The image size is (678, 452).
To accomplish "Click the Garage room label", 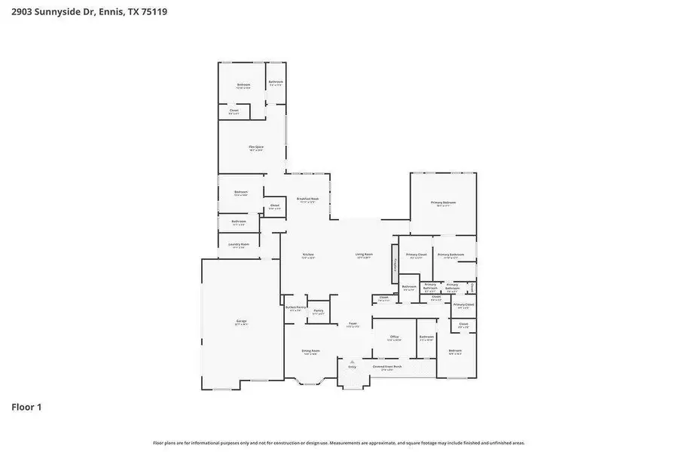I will (x=240, y=321).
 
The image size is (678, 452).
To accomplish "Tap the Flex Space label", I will (x=256, y=147).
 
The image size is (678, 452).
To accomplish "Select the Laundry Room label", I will (x=239, y=244).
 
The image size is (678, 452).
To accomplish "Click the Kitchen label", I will (x=308, y=255).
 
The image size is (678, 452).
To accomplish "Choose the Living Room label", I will (x=364, y=255).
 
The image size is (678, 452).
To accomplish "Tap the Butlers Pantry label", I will (x=295, y=307).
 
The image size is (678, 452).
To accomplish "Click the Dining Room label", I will (x=311, y=351).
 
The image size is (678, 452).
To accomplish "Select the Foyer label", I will (x=353, y=324).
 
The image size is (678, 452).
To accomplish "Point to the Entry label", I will (x=352, y=367).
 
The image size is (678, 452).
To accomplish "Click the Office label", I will (x=394, y=337).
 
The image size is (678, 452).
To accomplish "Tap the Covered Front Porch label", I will (x=387, y=367).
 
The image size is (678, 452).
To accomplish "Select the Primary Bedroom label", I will (x=444, y=203).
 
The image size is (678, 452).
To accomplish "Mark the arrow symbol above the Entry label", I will (x=352, y=361).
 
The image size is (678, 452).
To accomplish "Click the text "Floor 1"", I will (x=26, y=407).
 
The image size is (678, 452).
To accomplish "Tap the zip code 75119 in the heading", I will (x=153, y=12).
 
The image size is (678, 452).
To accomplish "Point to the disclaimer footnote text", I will (x=339, y=443).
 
